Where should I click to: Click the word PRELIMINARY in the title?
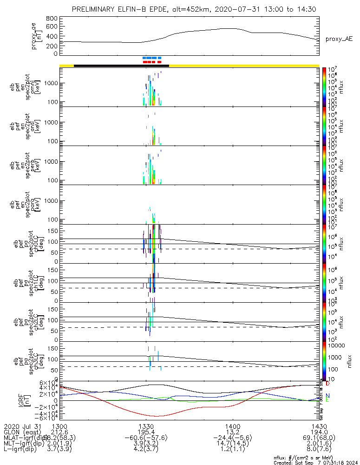(94, 9)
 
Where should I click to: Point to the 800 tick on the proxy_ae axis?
(52, 18)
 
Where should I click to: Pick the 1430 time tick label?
(319, 426)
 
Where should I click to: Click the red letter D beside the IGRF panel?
(327, 384)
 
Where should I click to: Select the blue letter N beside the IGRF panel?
(327, 395)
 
